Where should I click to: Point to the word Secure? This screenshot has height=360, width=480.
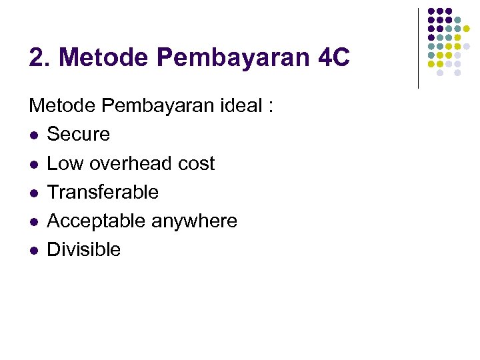click(x=79, y=134)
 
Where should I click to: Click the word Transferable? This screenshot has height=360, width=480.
click(x=103, y=192)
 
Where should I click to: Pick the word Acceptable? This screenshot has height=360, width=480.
click(x=96, y=221)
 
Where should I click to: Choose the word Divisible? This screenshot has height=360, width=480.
click(x=84, y=249)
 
